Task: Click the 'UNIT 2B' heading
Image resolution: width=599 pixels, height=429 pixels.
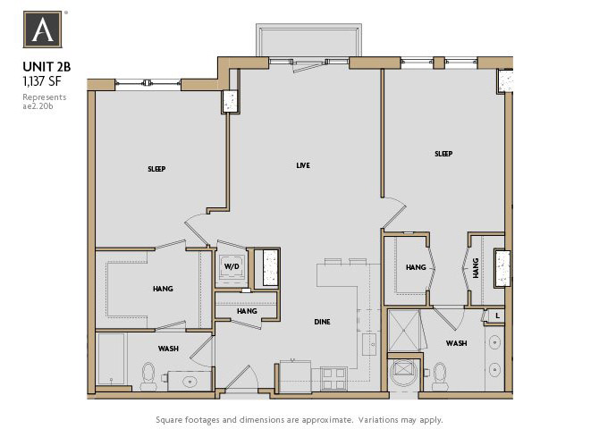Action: pyautogui.click(x=46, y=66)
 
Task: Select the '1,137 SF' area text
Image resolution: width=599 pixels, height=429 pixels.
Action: pyautogui.click(x=41, y=80)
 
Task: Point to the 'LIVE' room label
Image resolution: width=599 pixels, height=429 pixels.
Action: pyautogui.click(x=303, y=165)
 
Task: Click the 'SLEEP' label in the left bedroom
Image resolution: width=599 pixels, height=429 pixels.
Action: pyautogui.click(x=156, y=169)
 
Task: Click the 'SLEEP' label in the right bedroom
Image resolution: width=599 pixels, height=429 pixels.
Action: pyautogui.click(x=443, y=154)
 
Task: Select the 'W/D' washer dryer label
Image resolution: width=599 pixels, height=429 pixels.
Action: pyautogui.click(x=232, y=267)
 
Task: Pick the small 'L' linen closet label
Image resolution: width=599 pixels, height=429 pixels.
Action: pyautogui.click(x=495, y=315)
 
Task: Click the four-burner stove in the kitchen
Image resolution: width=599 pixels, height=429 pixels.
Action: pyautogui.click(x=334, y=378)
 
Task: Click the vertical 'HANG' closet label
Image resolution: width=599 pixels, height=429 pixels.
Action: pyautogui.click(x=476, y=268)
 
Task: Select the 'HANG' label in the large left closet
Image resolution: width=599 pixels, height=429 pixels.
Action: pyautogui.click(x=163, y=289)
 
